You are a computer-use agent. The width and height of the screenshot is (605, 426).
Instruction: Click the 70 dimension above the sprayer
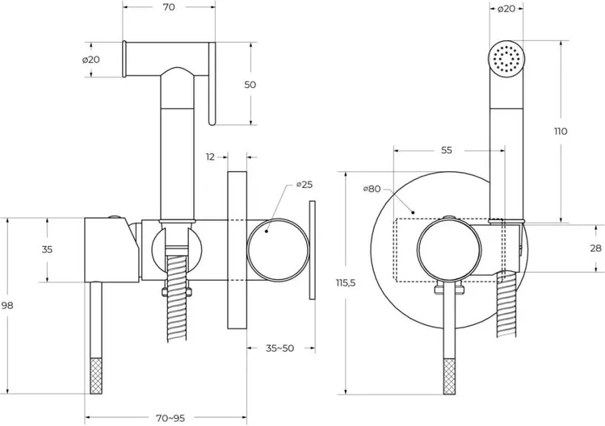click(169, 8)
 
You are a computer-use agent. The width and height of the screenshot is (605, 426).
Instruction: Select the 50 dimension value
click(250, 85)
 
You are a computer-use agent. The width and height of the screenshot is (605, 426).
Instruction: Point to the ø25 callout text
click(305, 185)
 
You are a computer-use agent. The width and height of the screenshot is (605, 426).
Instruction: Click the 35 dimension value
click(47, 249)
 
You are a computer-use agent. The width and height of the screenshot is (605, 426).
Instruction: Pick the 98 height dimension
click(8, 306)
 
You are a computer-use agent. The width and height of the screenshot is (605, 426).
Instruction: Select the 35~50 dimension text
click(279, 349)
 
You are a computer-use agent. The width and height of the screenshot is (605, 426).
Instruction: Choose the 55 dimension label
click(447, 151)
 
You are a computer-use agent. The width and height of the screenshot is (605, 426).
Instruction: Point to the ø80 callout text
click(372, 189)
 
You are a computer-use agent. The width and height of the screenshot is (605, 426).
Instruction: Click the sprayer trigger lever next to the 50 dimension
click(212, 85)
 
